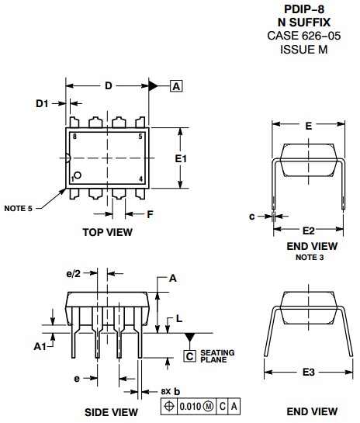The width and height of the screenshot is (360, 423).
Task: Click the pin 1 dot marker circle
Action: (x=78, y=175)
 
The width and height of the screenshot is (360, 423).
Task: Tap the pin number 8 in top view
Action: (x=74, y=137)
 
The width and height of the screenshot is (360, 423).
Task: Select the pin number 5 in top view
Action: (x=140, y=137)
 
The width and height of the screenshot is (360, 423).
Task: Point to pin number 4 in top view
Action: (x=140, y=179)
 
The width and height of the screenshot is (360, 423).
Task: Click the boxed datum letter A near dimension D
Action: (x=176, y=86)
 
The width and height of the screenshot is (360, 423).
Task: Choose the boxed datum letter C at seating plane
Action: (x=190, y=355)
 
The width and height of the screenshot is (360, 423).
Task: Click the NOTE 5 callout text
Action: (x=18, y=209)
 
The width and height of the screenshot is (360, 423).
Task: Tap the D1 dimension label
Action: (x=42, y=103)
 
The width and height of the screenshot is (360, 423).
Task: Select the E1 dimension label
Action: (x=181, y=158)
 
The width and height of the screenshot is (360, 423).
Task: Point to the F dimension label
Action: (x=150, y=214)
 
